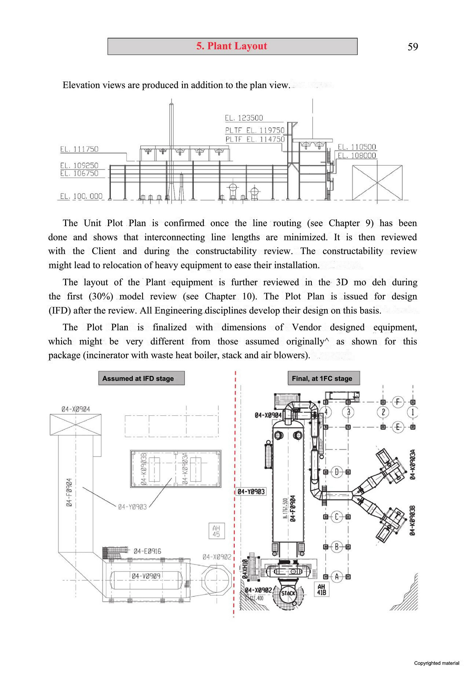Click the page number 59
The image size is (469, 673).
click(413, 47)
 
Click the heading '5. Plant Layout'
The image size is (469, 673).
click(232, 46)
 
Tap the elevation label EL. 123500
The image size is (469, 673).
click(244, 118)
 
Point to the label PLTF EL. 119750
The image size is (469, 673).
click(255, 130)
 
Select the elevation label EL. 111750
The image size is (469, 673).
click(79, 149)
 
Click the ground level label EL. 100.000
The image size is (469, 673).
click(81, 196)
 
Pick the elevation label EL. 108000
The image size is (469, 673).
click(357, 155)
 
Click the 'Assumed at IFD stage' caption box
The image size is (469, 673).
click(141, 378)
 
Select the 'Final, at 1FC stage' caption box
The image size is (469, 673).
click(323, 378)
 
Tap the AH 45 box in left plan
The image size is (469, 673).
click(216, 531)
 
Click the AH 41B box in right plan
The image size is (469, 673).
click(321, 590)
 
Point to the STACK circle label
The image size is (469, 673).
click(288, 593)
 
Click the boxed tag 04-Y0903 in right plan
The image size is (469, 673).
click(251, 492)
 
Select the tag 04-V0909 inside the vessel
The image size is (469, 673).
click(146, 576)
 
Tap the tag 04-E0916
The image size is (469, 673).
click(147, 551)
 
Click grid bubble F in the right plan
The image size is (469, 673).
click(398, 402)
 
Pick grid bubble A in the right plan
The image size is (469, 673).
click(337, 576)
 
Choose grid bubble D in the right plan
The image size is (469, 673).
click(337, 472)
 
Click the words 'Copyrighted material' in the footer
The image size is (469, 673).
click(436, 663)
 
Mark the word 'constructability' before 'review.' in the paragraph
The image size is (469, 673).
click(226, 251)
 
